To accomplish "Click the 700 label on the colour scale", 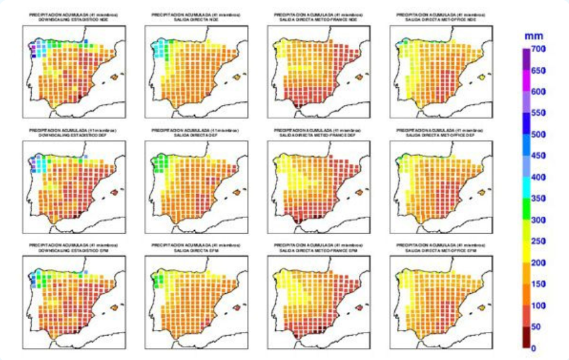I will coord(539,49).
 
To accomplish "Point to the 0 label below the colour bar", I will coord(534,348).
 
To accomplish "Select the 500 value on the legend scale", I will coord(539,134).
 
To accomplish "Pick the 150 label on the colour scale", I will coord(539,284).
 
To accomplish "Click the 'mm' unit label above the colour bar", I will coord(534,34).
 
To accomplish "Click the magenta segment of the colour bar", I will coord(527,81).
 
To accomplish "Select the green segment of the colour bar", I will coord(527,209).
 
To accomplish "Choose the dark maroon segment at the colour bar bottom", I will coord(527,338).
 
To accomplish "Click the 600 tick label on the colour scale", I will coord(539,92).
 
